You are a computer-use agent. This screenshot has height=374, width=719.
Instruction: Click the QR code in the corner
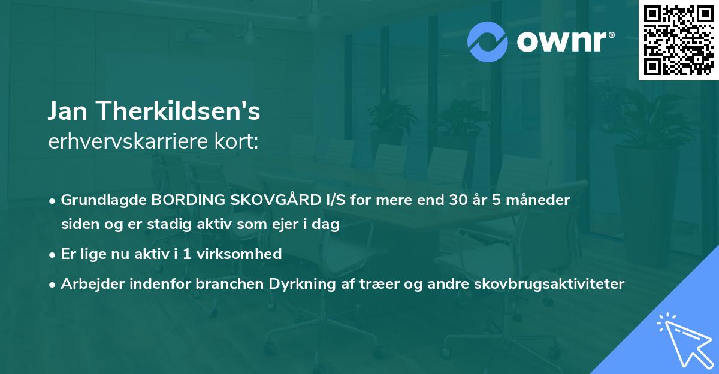tap(678, 40)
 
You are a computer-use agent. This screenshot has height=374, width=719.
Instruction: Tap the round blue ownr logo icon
tap(488, 42)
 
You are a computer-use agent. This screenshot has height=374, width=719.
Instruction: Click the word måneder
tap(539, 200)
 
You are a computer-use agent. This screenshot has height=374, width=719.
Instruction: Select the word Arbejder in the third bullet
tap(88, 283)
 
